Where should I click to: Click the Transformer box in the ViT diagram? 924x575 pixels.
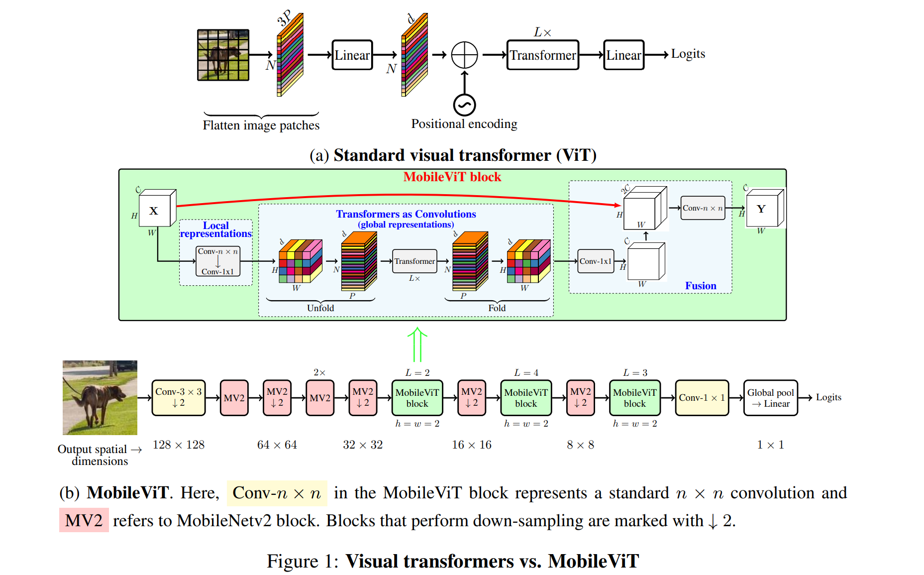point(542,55)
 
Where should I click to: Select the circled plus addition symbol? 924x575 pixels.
point(464,55)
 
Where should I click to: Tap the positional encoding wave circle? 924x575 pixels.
point(464,105)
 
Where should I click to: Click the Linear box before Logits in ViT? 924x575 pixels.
point(623,55)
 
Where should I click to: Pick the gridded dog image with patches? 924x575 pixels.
point(223,55)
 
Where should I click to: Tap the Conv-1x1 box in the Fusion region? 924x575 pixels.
point(596,261)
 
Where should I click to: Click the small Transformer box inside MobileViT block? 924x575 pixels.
point(414,261)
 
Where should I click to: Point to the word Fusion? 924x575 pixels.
point(700,286)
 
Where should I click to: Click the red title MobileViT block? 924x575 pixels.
point(452,177)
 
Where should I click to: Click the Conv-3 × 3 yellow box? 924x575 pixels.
point(178,397)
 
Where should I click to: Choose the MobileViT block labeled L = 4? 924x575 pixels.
point(525,398)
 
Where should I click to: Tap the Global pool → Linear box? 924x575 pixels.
point(770,398)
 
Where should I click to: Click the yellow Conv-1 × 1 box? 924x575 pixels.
point(702,398)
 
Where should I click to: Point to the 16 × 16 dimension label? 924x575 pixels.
point(471,445)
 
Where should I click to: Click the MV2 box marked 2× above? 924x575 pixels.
point(319,398)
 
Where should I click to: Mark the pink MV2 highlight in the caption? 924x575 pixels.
point(84,520)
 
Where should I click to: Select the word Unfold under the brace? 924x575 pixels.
point(320,308)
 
